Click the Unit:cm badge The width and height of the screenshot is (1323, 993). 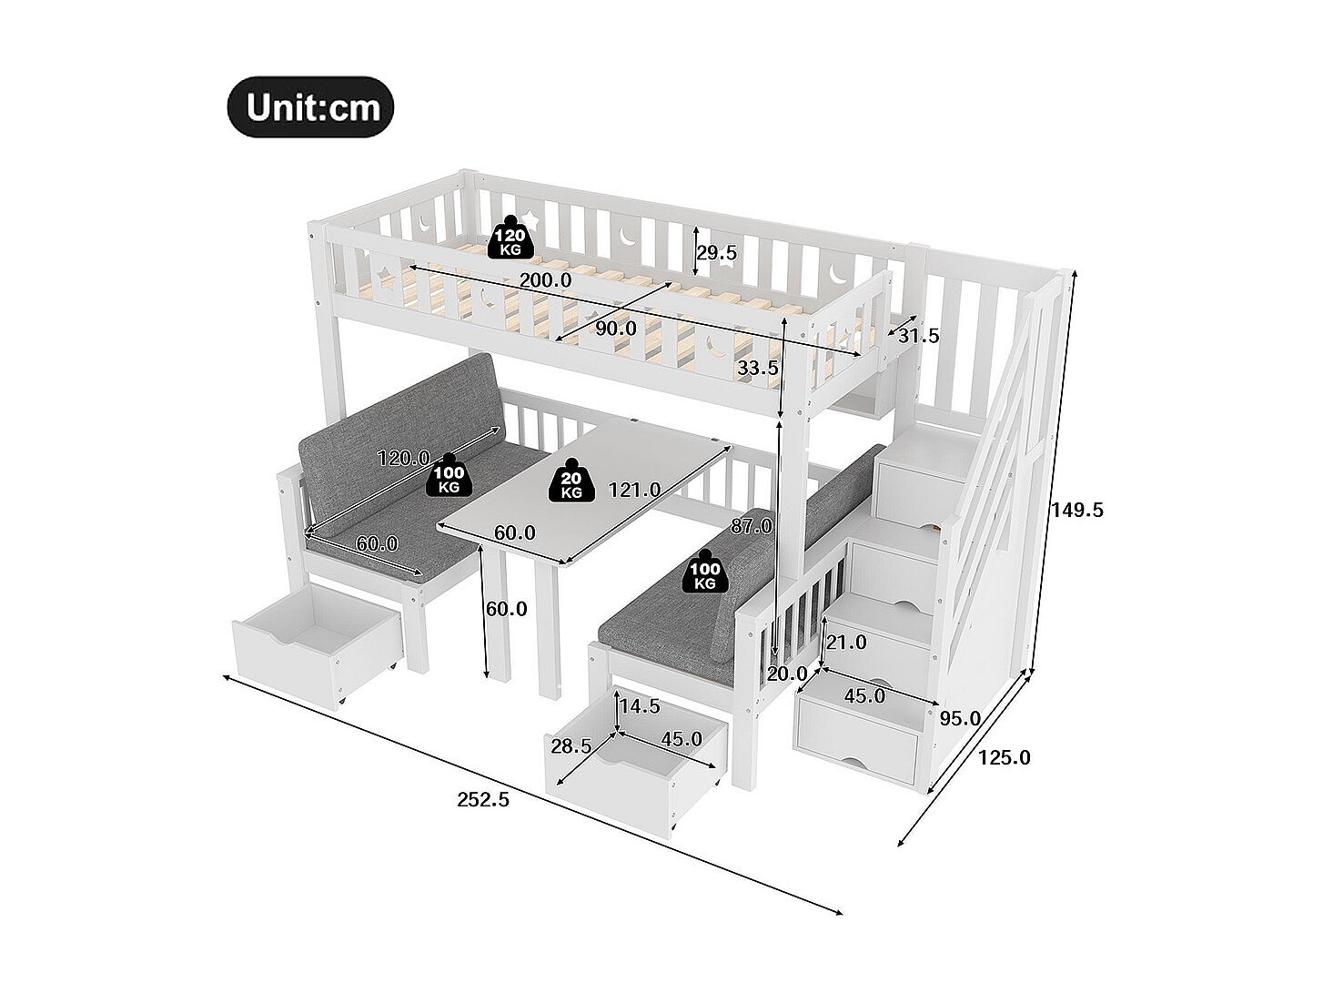(310, 107)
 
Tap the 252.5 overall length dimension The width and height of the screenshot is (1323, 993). (483, 800)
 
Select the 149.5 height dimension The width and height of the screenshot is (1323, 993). (1077, 510)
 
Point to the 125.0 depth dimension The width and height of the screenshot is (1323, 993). (1005, 756)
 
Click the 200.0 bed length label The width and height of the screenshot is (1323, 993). (546, 280)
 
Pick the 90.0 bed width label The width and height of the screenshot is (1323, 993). (616, 328)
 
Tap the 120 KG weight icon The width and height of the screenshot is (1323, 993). (510, 238)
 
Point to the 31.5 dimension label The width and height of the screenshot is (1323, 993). (918, 336)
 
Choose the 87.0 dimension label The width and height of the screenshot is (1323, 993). (751, 526)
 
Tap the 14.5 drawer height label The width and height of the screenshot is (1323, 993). (639, 706)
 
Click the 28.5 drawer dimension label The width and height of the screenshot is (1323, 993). (571, 746)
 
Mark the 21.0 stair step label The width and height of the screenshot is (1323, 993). (846, 643)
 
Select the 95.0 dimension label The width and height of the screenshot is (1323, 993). (960, 717)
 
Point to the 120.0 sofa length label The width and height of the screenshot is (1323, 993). (405, 458)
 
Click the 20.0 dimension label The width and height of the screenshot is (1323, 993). (787, 674)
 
